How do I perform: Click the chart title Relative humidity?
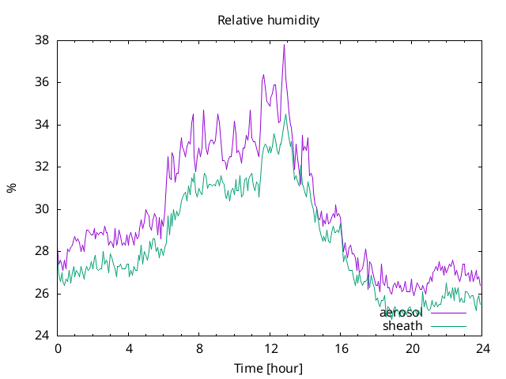click(x=269, y=21)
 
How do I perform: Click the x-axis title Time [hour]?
click(x=268, y=368)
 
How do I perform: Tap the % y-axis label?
click(x=11, y=188)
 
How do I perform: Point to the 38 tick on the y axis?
click(x=42, y=40)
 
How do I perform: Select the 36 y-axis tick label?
click(x=42, y=82)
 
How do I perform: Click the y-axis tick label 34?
click(x=42, y=125)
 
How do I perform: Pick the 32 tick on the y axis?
click(x=42, y=167)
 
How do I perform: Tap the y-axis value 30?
click(x=42, y=209)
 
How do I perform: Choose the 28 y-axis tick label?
click(x=42, y=251)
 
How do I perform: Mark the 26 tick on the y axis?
click(x=42, y=294)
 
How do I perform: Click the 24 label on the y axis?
click(x=42, y=336)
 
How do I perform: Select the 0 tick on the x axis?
click(x=58, y=349)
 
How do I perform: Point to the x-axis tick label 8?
click(x=199, y=349)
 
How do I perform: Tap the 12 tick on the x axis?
click(x=270, y=349)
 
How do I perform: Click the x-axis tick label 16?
click(x=341, y=349)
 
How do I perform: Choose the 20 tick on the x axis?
click(x=412, y=349)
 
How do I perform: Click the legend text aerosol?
click(x=401, y=313)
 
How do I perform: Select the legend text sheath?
click(x=402, y=326)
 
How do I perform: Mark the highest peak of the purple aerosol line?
click(x=284, y=45)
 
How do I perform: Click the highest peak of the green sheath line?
click(x=285, y=114)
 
